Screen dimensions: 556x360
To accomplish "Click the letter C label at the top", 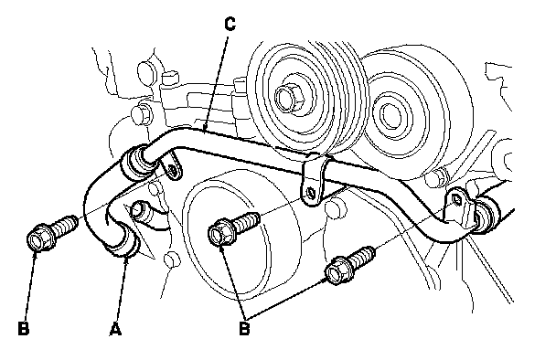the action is pyautogui.click(x=230, y=24).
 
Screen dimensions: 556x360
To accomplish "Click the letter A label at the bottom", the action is pyautogui.click(x=115, y=329).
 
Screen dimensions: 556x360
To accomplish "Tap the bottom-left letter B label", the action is pyautogui.click(x=24, y=328).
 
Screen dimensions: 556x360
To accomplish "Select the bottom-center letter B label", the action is pyautogui.click(x=244, y=328).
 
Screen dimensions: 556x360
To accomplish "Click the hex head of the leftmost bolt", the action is pyautogui.click(x=38, y=238).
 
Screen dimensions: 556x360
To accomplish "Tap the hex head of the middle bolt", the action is pyautogui.click(x=219, y=232).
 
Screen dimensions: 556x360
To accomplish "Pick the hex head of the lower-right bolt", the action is pyautogui.click(x=337, y=270).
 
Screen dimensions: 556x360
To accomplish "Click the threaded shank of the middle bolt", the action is pyautogui.click(x=246, y=221).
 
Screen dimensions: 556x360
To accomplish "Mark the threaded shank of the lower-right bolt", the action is pyautogui.click(x=362, y=258).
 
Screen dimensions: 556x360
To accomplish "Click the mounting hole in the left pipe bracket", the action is pyautogui.click(x=174, y=171).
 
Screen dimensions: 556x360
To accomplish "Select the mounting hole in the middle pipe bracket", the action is pyautogui.click(x=311, y=193).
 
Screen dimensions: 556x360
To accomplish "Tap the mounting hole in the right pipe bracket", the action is pyautogui.click(x=456, y=200).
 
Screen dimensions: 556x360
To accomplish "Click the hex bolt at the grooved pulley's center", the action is pyautogui.click(x=289, y=98).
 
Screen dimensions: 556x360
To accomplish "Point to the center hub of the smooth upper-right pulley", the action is pyautogui.click(x=391, y=114).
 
